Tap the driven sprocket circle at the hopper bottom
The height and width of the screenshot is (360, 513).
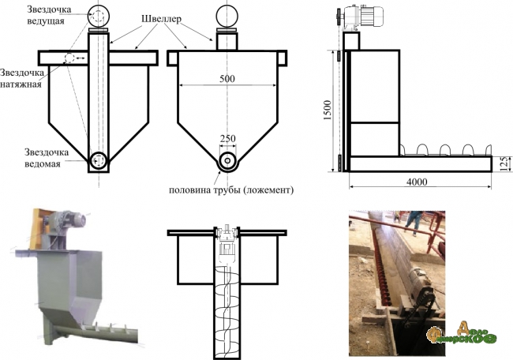[99, 160]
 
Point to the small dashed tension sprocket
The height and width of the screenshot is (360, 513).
[69, 59]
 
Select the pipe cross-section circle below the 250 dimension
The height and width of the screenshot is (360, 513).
[227, 160]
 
